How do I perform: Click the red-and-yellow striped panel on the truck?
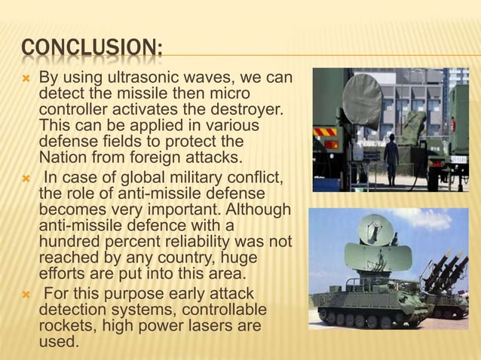[325, 132]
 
